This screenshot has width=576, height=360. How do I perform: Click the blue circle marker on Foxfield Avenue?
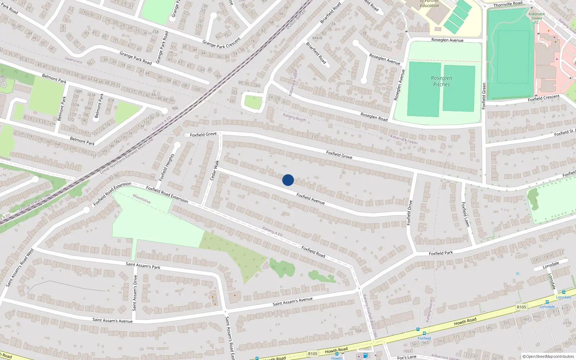point(288,180)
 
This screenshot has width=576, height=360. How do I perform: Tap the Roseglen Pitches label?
point(441,81)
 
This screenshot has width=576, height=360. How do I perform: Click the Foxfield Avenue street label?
point(310,199)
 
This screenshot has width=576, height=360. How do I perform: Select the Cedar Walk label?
point(214,170)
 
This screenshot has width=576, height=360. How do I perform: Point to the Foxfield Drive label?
point(409,213)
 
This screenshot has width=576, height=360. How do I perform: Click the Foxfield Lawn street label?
point(465,214)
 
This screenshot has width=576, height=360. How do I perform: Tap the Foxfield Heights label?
point(167,167)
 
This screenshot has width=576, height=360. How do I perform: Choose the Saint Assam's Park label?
point(143,266)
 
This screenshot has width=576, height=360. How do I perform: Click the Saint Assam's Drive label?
point(135,293)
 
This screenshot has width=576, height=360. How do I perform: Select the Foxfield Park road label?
point(441,253)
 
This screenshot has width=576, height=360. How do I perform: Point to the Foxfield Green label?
point(484,96)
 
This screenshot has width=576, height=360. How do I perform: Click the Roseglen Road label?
point(374,117)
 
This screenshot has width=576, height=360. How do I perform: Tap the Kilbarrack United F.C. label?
point(536,18)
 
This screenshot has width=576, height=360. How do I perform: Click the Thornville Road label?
point(508,4)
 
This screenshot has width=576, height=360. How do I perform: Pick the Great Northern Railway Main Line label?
point(126,156)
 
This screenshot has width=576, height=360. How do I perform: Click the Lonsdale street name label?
point(551,265)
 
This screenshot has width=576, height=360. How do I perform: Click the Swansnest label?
point(73,60)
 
